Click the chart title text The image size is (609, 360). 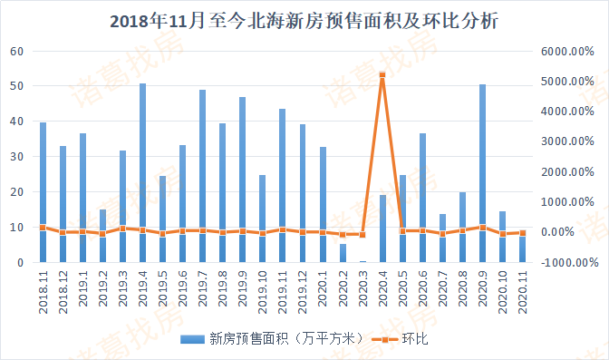[x=304, y=21]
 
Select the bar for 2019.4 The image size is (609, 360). [x=142, y=172]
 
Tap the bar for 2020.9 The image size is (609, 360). [x=482, y=172]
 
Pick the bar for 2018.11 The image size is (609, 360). [x=43, y=191]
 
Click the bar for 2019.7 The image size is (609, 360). [x=202, y=176]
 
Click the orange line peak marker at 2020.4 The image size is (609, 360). [x=382, y=74]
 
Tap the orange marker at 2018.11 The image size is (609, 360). [x=43, y=228]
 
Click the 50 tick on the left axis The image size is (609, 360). [x=17, y=86]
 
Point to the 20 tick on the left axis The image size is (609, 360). [x=17, y=192]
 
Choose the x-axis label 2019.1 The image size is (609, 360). [x=82, y=296]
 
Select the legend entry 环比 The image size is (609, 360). [x=404, y=338]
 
